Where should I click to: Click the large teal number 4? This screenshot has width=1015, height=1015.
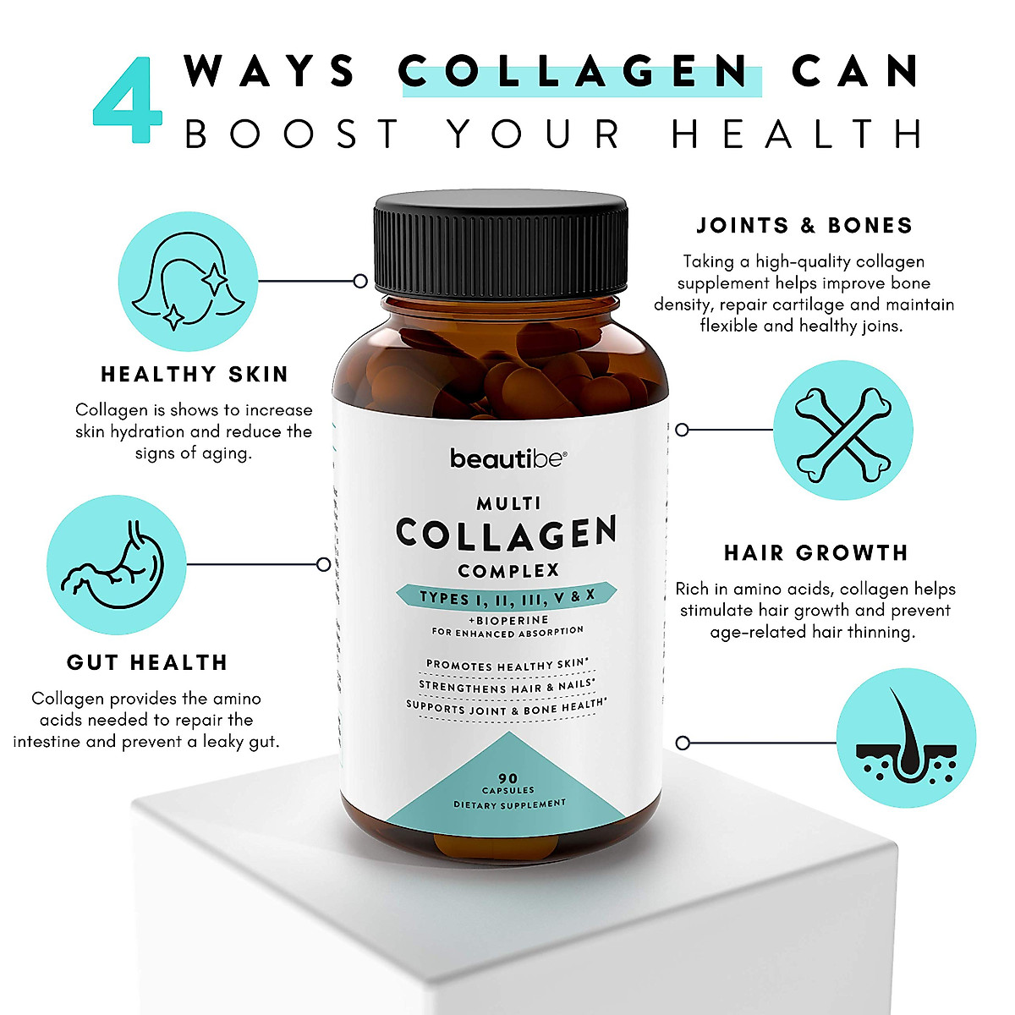point(128,100)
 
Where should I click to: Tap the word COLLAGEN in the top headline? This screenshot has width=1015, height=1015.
point(574,72)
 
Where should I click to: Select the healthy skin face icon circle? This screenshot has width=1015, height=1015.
point(188,282)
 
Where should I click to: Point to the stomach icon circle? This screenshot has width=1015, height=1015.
point(116,565)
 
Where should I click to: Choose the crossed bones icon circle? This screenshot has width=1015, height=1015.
point(843,431)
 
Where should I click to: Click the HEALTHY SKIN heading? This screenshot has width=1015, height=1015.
point(195,375)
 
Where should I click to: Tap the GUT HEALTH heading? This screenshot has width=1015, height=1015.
point(147,662)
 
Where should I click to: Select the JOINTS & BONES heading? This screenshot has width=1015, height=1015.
point(804,226)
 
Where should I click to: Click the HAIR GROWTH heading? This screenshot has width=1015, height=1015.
point(816,553)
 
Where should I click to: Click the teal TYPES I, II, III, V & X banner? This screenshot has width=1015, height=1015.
point(507,596)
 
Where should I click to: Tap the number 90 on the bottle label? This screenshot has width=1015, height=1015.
point(508,778)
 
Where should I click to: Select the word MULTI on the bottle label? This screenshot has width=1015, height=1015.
point(508,503)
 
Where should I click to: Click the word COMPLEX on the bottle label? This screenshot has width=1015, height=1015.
point(508,570)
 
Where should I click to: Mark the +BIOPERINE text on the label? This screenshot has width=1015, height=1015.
point(508,620)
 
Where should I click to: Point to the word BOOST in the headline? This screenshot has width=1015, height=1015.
point(291,134)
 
